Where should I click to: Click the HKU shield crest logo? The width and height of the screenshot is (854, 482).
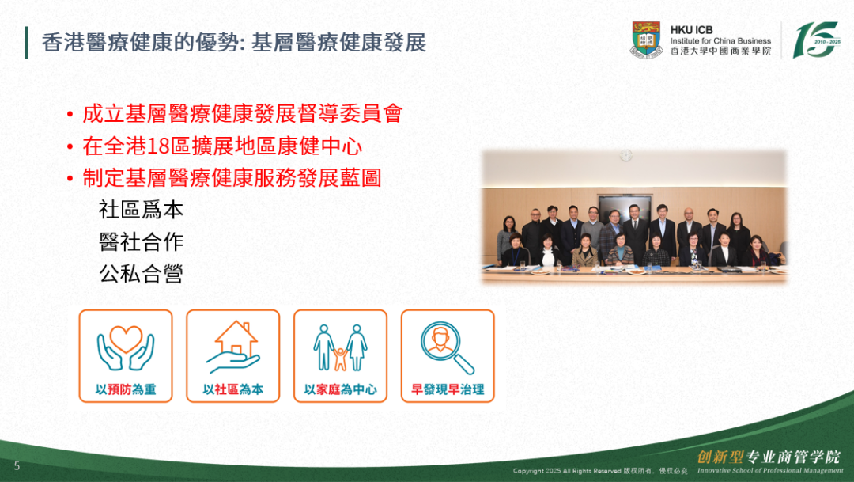point(646,40)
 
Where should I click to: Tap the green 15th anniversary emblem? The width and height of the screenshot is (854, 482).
point(816,40)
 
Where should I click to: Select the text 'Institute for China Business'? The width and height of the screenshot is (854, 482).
point(720,41)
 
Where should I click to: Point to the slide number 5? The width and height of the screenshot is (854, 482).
point(17,465)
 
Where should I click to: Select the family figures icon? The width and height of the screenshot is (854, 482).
point(340,348)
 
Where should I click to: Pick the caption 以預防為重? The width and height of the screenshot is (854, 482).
point(126,389)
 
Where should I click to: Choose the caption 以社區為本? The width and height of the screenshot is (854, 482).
point(233,389)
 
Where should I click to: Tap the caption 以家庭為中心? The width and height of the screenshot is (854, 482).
point(340,389)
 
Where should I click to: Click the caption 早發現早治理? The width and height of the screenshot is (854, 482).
point(448,389)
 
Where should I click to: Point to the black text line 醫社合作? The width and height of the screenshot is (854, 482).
point(141,242)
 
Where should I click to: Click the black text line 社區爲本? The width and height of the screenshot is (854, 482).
point(141,210)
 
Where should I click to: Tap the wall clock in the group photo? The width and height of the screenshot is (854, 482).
point(625,156)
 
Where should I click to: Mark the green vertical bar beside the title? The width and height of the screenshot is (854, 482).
point(26,43)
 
